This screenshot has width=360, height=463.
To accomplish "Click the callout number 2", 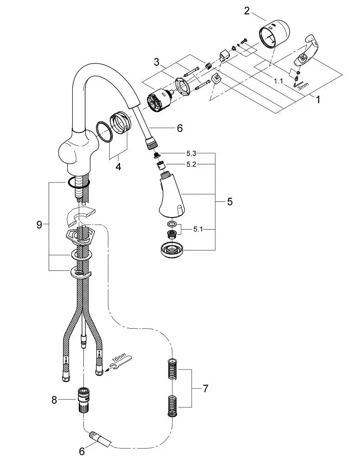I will coord(247,10).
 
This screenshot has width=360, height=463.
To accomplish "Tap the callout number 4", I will coord(118,167).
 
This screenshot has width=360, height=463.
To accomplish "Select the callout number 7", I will coord(205,388).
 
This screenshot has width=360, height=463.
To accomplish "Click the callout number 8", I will coord(54,400).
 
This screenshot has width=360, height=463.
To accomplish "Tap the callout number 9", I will coord(39,225).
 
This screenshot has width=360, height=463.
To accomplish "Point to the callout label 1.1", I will coord(278,81).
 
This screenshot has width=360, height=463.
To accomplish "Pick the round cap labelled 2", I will coord(274,34).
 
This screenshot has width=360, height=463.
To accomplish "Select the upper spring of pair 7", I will coord(172,369).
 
